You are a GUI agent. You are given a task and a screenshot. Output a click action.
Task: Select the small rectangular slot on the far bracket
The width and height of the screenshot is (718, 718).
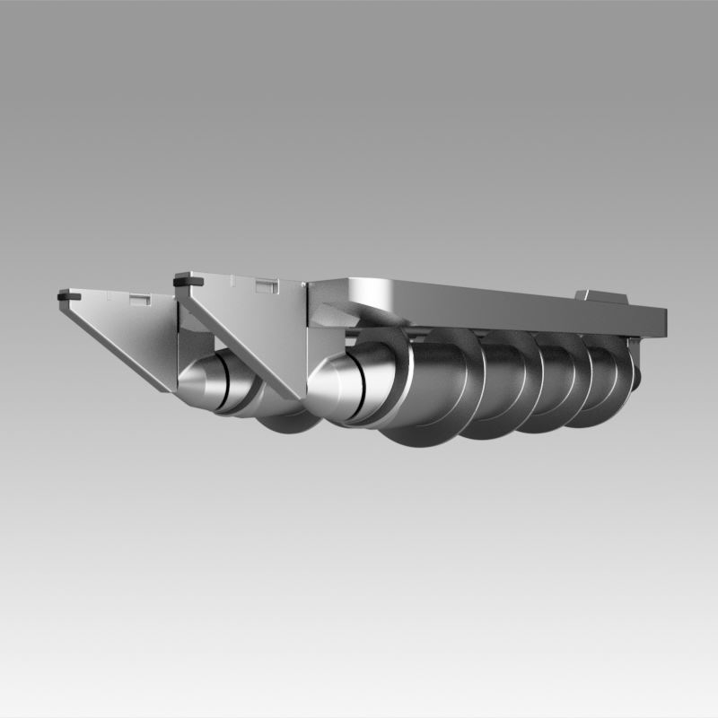coord(140,300)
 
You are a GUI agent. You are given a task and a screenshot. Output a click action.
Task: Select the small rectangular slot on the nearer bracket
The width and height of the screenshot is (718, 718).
coord(264,286)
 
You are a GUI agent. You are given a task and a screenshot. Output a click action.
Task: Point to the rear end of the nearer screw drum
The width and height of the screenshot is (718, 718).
coord(635,372)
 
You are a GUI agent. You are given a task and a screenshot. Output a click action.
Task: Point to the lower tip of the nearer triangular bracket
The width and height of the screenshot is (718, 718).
coord(292,395)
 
